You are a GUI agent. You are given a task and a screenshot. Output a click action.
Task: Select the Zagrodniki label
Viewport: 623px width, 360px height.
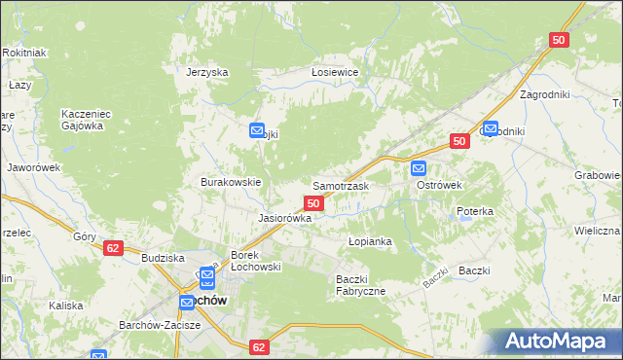(544, 94)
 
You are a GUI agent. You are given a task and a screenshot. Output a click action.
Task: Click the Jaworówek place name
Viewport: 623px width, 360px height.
(34, 166)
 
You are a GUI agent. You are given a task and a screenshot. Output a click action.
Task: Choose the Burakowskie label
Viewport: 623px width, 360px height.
(230, 182)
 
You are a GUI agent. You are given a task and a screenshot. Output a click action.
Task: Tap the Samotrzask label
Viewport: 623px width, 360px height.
(339, 185)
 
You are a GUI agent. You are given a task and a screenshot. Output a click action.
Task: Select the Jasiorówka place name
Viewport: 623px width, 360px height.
(284, 219)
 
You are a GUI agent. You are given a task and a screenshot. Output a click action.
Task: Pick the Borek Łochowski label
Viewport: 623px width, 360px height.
(255, 261)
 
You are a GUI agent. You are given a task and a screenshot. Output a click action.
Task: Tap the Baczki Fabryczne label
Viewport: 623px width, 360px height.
(361, 285)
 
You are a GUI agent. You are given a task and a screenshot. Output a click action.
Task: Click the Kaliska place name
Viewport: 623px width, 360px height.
(66, 305)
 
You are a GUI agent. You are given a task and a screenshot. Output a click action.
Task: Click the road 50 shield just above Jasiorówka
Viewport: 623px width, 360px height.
(313, 202)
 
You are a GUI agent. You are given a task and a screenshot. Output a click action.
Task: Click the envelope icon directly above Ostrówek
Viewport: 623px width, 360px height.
(419, 166)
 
